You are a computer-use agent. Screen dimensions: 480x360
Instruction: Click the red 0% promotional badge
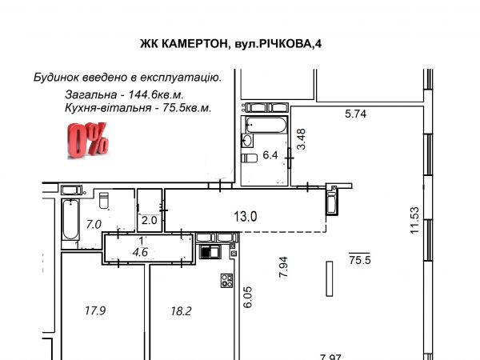(88, 141)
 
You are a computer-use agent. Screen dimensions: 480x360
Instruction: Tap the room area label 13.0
(246, 217)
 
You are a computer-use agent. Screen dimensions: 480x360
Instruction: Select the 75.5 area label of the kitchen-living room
(360, 260)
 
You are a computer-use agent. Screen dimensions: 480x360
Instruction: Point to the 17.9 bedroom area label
(95, 311)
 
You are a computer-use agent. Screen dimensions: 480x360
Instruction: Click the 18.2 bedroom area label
(181, 311)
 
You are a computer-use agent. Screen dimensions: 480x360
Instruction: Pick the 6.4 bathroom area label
(270, 155)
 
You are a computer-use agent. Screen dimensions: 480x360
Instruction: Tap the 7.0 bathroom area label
(94, 225)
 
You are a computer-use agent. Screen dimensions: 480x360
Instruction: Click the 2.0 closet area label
(149, 220)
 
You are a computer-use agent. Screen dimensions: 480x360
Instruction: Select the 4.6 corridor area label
(140, 252)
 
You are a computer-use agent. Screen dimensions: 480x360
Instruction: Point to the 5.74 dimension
(355, 114)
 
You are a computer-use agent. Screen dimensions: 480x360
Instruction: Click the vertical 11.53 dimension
(414, 221)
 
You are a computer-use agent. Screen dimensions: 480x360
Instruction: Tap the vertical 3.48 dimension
(302, 139)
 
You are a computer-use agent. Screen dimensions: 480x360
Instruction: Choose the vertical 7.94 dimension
(284, 267)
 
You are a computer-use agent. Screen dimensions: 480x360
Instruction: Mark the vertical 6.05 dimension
(247, 297)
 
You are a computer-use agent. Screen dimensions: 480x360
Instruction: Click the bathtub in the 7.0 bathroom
(70, 219)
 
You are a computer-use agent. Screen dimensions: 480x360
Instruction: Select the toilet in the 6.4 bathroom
(249, 158)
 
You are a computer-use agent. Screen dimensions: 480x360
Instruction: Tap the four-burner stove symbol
(227, 281)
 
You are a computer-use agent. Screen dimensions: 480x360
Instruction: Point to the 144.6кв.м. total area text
(156, 94)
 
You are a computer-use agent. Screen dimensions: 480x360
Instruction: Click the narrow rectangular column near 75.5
(330, 278)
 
